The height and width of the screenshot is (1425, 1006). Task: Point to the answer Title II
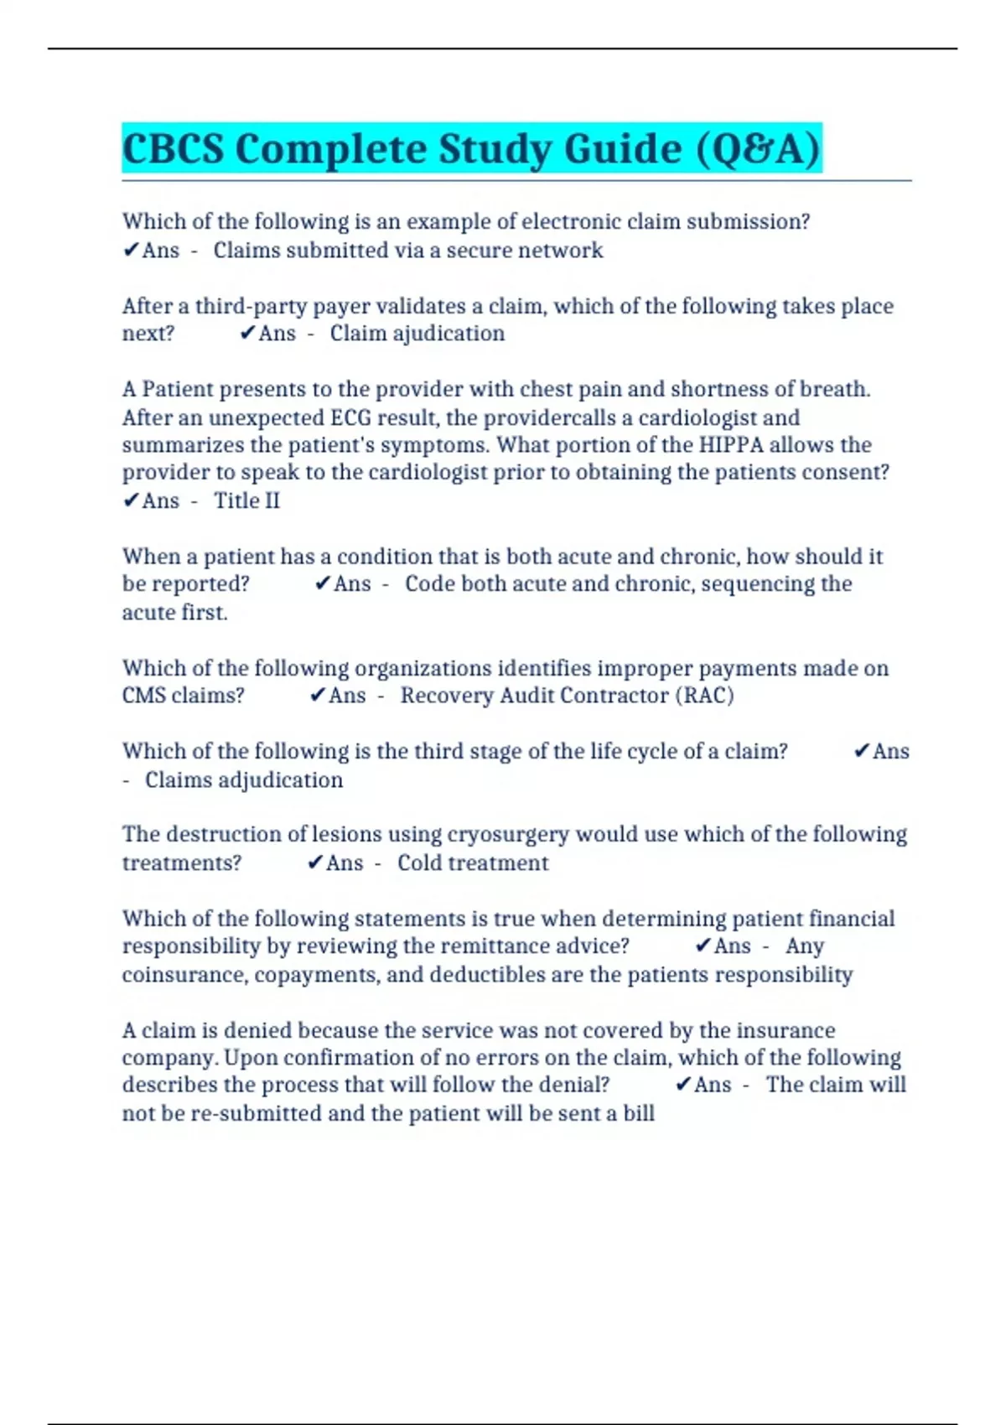[246, 500]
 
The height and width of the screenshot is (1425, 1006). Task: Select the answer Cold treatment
[473, 863]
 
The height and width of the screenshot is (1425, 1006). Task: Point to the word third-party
[251, 306]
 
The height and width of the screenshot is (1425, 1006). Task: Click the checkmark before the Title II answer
[131, 500]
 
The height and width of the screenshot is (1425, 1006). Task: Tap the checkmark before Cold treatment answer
[315, 863]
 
